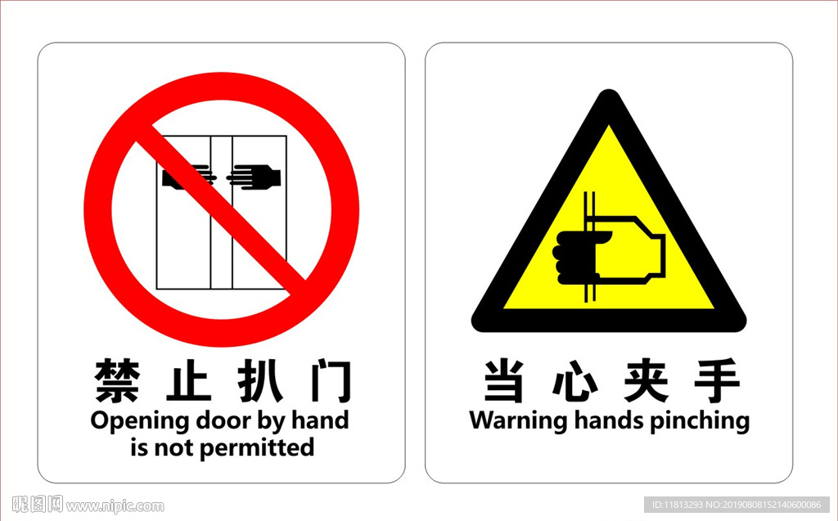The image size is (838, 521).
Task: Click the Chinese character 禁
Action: [118, 381]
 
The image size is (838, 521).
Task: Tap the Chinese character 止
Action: [188, 381]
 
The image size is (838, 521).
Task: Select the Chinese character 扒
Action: [260, 381]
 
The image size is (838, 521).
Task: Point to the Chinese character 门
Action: [331, 381]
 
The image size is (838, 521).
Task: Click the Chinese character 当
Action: [504, 380]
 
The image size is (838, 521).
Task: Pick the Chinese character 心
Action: [575, 381]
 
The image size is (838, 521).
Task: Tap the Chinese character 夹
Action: [647, 380]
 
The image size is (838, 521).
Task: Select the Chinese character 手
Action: [717, 380]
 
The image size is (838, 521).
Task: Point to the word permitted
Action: [256, 447]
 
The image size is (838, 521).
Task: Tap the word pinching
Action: [700, 420]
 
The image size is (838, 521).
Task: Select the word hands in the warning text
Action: [609, 420]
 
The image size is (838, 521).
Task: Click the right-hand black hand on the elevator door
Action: [254, 177]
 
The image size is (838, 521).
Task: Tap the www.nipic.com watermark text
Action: [115, 505]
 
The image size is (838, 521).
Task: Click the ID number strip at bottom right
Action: [737, 505]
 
